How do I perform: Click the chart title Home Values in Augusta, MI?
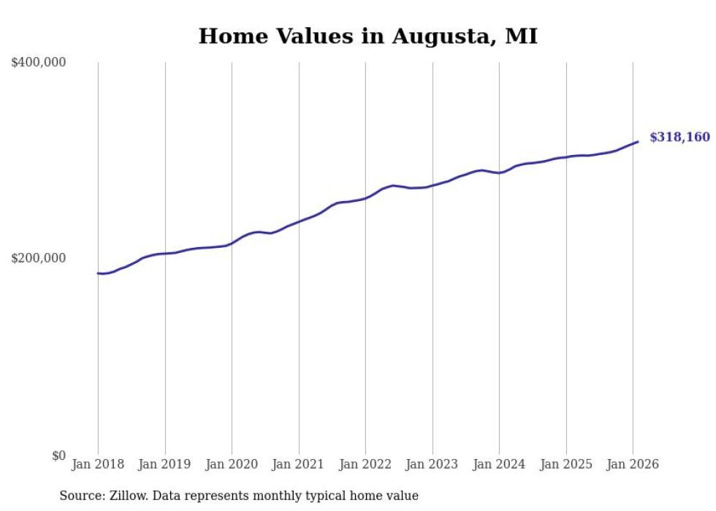(367, 36)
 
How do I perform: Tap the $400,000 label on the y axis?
(39, 63)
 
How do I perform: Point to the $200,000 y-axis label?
(39, 258)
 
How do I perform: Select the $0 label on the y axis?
(58, 455)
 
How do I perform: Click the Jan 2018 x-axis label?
(98, 464)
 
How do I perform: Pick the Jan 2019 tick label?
(164, 464)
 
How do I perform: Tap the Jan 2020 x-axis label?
(232, 464)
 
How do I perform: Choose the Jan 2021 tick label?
(298, 464)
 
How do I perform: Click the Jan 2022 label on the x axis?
(365, 464)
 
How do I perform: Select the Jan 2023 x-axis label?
(432, 464)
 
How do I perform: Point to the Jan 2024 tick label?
(499, 464)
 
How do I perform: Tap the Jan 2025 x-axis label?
(565, 464)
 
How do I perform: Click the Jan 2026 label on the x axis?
(633, 464)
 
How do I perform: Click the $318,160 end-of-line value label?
(679, 137)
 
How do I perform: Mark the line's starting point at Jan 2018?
(98, 273)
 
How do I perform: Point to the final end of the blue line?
(638, 142)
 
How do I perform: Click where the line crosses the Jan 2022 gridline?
(365, 197)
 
